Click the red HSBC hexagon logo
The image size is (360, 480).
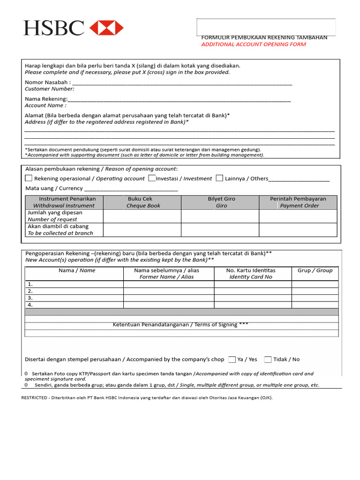coord(106,28)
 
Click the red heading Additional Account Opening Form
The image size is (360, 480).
coord(253,45)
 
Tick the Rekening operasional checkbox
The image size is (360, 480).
coord(29,178)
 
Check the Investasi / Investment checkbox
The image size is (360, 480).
coord(152,178)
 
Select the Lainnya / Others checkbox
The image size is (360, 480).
coord(219,178)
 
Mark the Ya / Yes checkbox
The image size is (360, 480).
coord(232,360)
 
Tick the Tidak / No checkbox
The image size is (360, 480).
coord(268,360)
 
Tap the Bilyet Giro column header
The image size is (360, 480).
coord(221,202)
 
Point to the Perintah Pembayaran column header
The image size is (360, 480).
coord(299,202)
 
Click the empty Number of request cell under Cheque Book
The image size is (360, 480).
coord(142,216)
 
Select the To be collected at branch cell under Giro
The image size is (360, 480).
coord(220,230)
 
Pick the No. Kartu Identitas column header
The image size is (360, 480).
coord(251,273)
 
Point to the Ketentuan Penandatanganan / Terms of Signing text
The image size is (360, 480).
coord(181,324)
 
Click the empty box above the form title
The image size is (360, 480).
coord(266,27)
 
